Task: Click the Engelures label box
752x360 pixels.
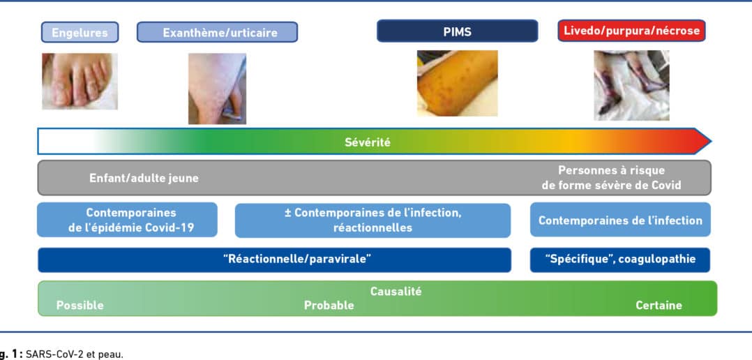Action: [80, 32]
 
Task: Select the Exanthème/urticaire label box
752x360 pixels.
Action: [217, 32]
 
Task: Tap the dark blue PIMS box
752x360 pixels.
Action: [457, 31]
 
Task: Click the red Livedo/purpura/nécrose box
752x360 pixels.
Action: [631, 31]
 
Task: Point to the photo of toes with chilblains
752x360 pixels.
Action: [80, 81]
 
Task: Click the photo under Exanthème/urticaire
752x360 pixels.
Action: [217, 89]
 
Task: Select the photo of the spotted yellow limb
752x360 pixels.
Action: [457, 83]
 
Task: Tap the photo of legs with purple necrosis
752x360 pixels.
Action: [631, 85]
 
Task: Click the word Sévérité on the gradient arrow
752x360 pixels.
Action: [368, 142]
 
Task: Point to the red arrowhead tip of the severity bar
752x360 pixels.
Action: [711, 142]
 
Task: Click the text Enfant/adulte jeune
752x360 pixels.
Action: [144, 179]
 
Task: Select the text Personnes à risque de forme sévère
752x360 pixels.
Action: [612, 178]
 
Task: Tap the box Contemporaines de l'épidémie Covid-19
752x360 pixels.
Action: [127, 220]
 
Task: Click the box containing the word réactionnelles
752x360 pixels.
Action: [373, 220]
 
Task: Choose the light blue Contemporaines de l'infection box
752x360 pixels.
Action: [620, 220]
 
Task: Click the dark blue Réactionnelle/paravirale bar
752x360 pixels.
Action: [274, 260]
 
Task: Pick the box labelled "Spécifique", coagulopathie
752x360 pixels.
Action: [620, 260]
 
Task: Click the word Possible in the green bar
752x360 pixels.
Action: [80, 306]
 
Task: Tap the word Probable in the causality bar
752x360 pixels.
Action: [329, 306]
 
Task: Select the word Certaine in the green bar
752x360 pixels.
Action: [659, 306]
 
